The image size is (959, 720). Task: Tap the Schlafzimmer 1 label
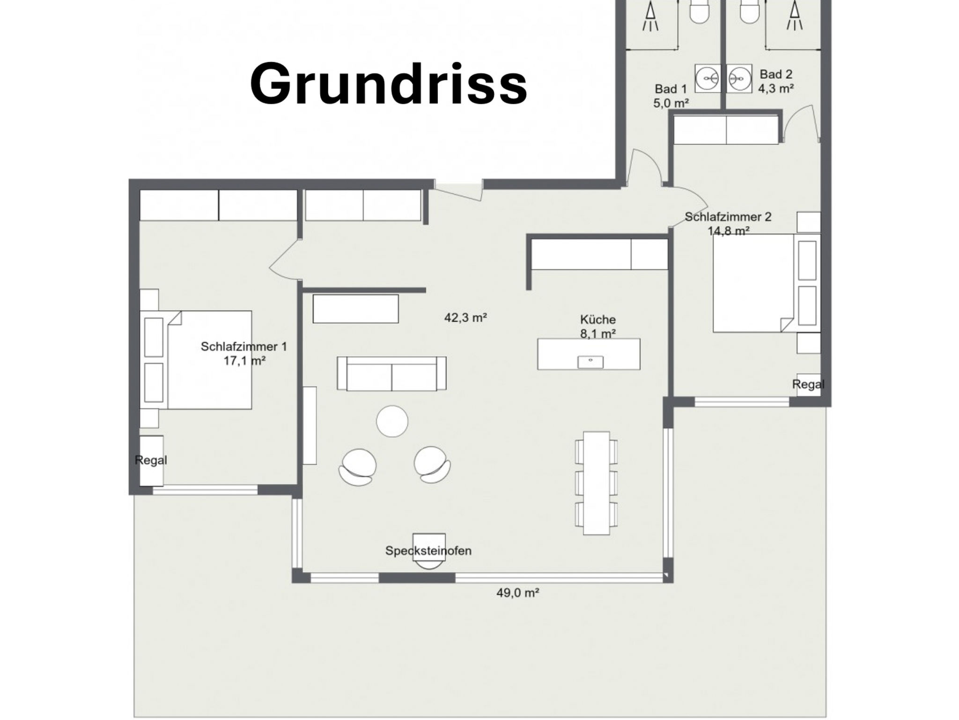point(243,347)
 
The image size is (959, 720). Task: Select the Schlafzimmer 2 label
point(728,217)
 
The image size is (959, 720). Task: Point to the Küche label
point(598,320)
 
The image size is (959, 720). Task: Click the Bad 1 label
point(671,89)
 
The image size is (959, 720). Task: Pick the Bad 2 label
point(776,75)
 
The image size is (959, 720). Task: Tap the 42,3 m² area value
point(465,318)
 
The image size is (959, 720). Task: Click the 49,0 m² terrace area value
point(517,593)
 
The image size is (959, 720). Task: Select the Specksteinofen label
point(428,551)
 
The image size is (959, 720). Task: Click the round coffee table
point(392,421)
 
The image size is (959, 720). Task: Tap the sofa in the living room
point(391,374)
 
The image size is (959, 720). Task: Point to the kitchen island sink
point(590,361)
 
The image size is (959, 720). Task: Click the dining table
point(596,483)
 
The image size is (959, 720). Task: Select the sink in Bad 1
point(707,78)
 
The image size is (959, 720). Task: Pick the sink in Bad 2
point(739,78)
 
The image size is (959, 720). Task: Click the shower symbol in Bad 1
point(650,16)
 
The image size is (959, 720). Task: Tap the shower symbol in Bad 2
point(794,16)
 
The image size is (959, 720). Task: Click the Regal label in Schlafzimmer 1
point(151,460)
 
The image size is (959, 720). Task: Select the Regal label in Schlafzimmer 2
point(808,384)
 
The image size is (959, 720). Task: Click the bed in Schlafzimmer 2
point(754,283)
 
